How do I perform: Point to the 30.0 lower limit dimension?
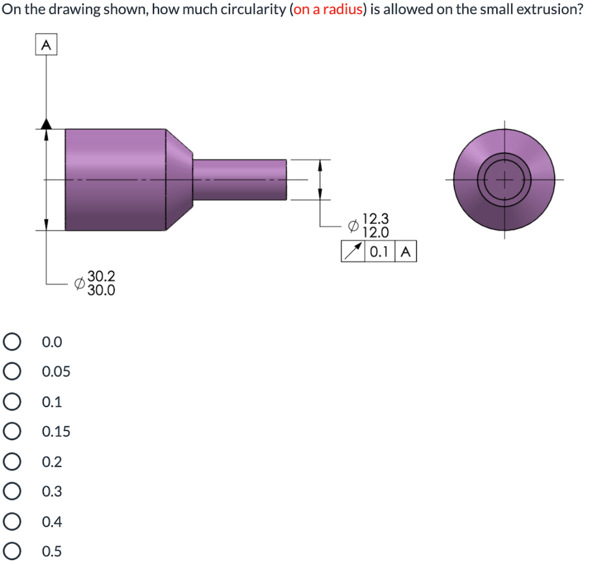101,290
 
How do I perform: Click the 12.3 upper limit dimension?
376,219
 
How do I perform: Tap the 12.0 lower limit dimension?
376,233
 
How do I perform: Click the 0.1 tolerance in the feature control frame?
379,252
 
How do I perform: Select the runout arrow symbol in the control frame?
353,252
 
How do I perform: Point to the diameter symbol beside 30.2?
80,283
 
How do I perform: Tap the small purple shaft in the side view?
239,180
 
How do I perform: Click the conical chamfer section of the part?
180,180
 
